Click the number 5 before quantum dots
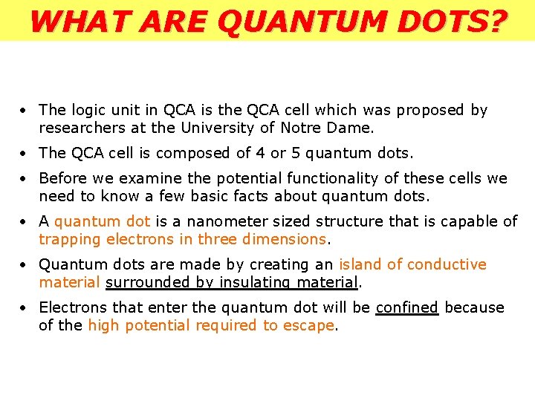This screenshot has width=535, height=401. click(x=302, y=153)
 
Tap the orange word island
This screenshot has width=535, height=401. click(x=361, y=264)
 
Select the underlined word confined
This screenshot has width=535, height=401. click(x=407, y=307)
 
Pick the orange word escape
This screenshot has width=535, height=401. click(x=308, y=325)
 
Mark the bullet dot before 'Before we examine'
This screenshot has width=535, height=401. click(x=25, y=179)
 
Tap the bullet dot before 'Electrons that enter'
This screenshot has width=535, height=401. click(x=25, y=308)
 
